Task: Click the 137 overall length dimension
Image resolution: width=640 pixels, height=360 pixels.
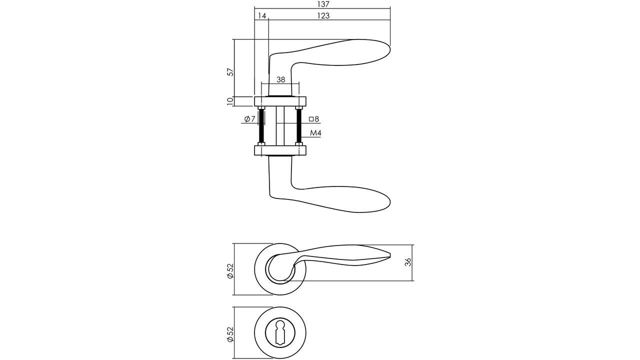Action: point(323,4)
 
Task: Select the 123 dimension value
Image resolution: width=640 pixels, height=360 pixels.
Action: point(323,16)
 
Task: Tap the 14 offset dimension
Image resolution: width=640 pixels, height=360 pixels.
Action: point(261,16)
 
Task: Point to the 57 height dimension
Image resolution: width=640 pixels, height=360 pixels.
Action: point(230,71)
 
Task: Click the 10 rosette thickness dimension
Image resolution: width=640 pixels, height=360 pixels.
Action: point(230,101)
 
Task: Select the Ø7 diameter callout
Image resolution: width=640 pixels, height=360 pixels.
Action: point(250,119)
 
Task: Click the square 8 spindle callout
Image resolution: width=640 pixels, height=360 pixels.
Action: point(314,119)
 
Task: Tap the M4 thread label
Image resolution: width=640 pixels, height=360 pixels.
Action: point(315,133)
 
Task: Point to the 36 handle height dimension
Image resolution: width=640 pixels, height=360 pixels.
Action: point(408,262)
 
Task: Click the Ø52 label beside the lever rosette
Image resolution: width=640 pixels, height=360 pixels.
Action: point(230,270)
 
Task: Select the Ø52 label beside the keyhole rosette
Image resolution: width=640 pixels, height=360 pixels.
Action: point(230,334)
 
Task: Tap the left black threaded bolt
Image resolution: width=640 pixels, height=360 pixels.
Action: point(260,125)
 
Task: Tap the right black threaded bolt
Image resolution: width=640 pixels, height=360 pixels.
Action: point(299,125)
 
